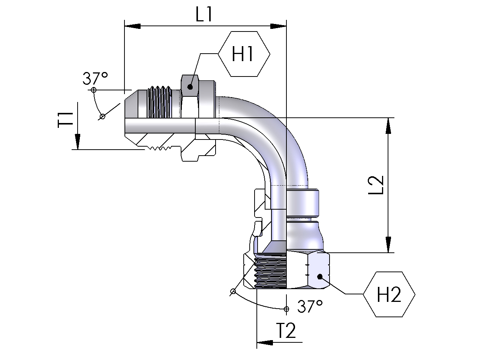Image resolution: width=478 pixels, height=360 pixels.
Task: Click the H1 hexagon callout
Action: pyautogui.click(x=244, y=54)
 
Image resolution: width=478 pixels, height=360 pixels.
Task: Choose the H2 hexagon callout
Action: pyautogui.click(x=389, y=294)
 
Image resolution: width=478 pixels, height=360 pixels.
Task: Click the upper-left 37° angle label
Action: pyautogui.click(x=95, y=78)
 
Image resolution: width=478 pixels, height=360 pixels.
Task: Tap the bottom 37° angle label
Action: pyautogui.click(x=310, y=307)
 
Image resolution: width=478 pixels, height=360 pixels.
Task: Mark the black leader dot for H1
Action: pyautogui.click(x=190, y=87)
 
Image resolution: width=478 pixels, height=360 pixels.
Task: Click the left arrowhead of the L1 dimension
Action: pyautogui.click(x=132, y=26)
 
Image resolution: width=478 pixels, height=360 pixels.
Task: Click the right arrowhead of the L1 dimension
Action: pyautogui.click(x=278, y=26)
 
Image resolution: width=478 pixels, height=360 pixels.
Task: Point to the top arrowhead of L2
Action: pyautogui.click(x=389, y=126)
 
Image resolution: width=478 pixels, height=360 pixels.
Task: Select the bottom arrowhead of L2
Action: pyautogui.click(x=389, y=244)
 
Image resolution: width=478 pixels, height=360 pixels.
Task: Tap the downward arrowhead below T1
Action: pyautogui.click(x=77, y=142)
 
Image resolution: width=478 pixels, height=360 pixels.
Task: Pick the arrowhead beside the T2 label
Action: pyautogui.click(x=264, y=342)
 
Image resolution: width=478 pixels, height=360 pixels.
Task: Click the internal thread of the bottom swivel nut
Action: pyautogui.click(x=270, y=272)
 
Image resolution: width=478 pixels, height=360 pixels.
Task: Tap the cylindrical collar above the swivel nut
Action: pyautogui.click(x=302, y=202)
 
